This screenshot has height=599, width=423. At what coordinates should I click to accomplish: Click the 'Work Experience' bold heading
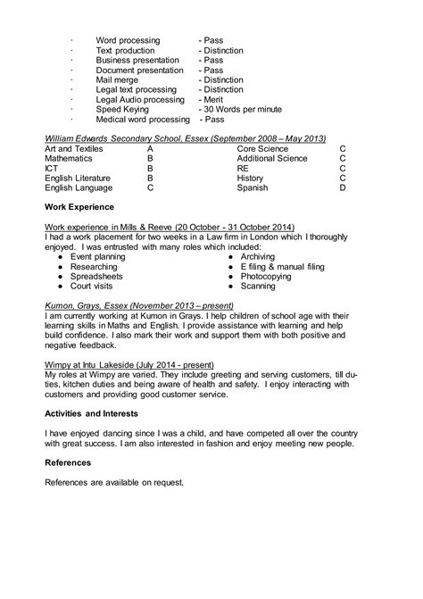83,207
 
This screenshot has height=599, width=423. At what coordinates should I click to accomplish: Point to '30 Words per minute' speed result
242,110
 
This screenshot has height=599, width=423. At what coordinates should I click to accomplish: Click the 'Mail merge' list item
118,80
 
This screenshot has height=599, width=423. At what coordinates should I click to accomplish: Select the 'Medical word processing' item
143,120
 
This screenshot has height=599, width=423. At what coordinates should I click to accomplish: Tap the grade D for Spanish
342,188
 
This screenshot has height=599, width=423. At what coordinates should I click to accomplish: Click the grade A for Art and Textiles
150,148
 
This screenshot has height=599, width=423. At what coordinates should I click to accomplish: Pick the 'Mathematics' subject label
70,158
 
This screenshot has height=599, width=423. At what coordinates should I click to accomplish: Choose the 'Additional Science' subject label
272,158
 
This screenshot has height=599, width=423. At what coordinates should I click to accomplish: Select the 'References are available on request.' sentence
114,482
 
